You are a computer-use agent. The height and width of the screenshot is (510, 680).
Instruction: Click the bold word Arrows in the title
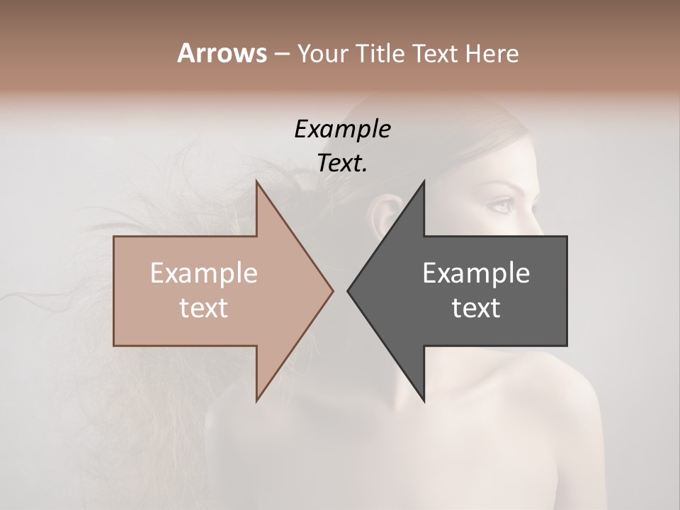pyautogui.click(x=222, y=53)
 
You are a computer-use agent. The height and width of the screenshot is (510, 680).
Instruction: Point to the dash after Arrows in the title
pyautogui.click(x=281, y=55)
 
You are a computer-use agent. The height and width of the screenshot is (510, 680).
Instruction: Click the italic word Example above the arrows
pyautogui.click(x=342, y=129)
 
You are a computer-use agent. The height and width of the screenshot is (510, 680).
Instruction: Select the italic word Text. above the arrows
pyautogui.click(x=342, y=163)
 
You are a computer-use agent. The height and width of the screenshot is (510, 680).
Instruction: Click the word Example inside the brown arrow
pyautogui.click(x=204, y=273)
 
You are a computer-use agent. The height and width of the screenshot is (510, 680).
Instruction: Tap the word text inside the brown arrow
pyautogui.click(x=204, y=308)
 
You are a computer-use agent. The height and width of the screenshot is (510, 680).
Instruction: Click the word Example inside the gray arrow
pyautogui.click(x=476, y=273)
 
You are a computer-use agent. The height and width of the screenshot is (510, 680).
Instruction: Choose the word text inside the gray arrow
pyautogui.click(x=476, y=308)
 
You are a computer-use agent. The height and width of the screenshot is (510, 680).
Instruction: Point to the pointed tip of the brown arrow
pyautogui.click(x=332, y=290)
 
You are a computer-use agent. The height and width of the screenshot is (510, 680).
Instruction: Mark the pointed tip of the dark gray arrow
pyautogui.click(x=348, y=290)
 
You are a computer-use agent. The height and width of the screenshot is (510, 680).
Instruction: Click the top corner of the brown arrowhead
pyautogui.click(x=256, y=181)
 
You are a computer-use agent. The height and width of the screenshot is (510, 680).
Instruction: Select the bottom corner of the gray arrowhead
pyautogui.click(x=424, y=401)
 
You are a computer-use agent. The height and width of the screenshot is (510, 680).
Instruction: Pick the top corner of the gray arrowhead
pyautogui.click(x=424, y=181)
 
